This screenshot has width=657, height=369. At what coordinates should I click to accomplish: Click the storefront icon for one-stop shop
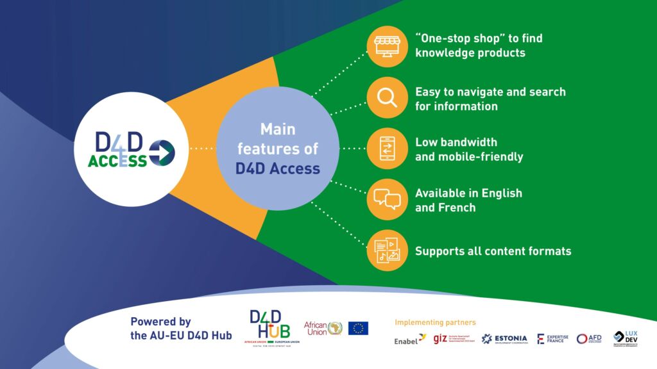tap(387, 46)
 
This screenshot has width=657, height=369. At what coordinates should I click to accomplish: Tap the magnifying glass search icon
tap(387, 97)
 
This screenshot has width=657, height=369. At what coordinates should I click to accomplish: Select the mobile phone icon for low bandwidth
tap(387, 148)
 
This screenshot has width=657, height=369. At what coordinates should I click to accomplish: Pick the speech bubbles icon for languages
tap(387, 199)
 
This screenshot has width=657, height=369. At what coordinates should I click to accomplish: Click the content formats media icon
tap(387, 250)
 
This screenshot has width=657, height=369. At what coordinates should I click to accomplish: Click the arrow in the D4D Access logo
tap(162, 152)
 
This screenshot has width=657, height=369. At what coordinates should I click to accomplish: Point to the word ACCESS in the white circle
tap(117, 161)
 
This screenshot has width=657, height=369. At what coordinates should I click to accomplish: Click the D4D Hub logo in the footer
tap(271, 327)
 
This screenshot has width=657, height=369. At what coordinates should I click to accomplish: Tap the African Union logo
tap(323, 329)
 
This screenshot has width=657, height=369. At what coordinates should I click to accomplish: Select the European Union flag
tap(358, 329)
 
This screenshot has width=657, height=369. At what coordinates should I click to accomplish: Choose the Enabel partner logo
tap(409, 339)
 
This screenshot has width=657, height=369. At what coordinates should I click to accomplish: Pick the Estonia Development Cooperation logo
tap(504, 339)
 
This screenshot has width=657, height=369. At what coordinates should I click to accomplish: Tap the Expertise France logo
tap(552, 339)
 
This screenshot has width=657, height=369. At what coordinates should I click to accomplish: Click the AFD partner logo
tap(589, 339)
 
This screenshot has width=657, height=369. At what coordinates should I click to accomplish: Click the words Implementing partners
tap(435, 322)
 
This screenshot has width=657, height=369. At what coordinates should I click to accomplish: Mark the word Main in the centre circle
tap(277, 129)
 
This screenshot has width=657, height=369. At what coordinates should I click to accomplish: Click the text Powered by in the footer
tap(160, 322)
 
